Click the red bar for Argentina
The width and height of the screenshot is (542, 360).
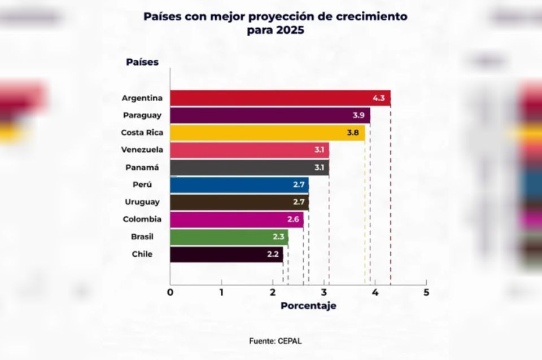click(279, 98)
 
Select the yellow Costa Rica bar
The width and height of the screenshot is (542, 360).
click(267, 133)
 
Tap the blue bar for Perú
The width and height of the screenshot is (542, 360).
click(239, 185)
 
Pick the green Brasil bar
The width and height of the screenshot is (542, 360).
click(229, 236)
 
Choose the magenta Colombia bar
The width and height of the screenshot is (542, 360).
click(236, 219)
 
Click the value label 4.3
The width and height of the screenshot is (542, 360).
click(378, 98)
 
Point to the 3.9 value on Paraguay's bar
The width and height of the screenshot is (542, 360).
click(358, 115)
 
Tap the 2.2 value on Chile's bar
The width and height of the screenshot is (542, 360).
click(273, 254)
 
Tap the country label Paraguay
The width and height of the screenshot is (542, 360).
click(142, 115)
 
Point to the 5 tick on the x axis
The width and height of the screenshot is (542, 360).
click(426, 292)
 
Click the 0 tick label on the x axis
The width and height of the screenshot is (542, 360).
click(170, 292)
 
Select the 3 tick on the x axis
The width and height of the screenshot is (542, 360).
click(324, 292)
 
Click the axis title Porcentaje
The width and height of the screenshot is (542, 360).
click(308, 306)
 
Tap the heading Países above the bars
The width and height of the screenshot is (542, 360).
click(142, 62)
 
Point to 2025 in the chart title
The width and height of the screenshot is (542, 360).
click(290, 30)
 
